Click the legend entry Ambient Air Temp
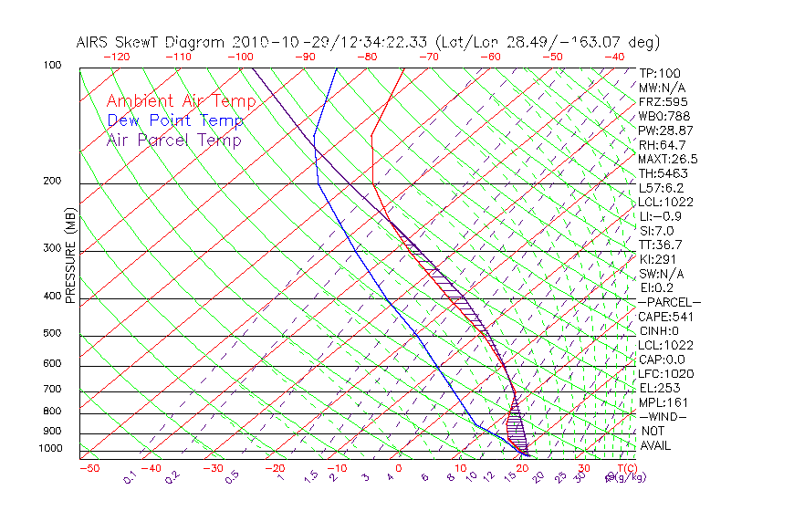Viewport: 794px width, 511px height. pos(181,101)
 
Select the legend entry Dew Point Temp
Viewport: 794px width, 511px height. pos(175,120)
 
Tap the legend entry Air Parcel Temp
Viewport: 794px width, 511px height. pos(174,140)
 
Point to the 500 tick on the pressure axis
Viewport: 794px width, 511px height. pos(52,334)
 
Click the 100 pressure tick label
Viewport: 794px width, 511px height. pos(52,66)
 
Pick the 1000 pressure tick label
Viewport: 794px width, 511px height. pos(50,449)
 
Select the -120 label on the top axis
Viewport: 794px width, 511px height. pos(116,57)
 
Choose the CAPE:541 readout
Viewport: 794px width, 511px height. pos(662,317)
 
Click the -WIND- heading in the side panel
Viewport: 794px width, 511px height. pos(664,416)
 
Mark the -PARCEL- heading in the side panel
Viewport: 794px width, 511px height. pos(669,302)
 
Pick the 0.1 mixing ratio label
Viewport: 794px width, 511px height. pos(131,476)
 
